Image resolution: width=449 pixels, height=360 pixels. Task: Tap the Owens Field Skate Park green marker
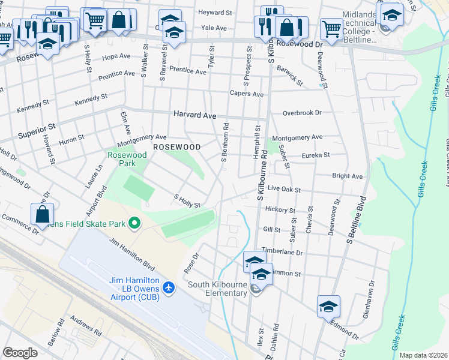click(x=134, y=224)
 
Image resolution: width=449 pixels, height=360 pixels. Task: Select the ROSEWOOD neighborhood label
click(x=176, y=146)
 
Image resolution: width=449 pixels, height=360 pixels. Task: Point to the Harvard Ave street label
click(x=194, y=113)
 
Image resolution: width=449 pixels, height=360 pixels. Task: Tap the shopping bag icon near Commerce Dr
click(x=43, y=214)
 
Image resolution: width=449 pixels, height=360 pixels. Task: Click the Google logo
click(x=20, y=353)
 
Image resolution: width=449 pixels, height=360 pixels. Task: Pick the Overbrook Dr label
click(x=303, y=112)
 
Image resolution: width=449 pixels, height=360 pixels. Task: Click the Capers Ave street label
click(x=247, y=94)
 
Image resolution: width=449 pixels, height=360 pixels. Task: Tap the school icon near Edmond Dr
click(x=328, y=306)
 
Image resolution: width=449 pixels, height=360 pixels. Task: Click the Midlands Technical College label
click(x=358, y=28)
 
